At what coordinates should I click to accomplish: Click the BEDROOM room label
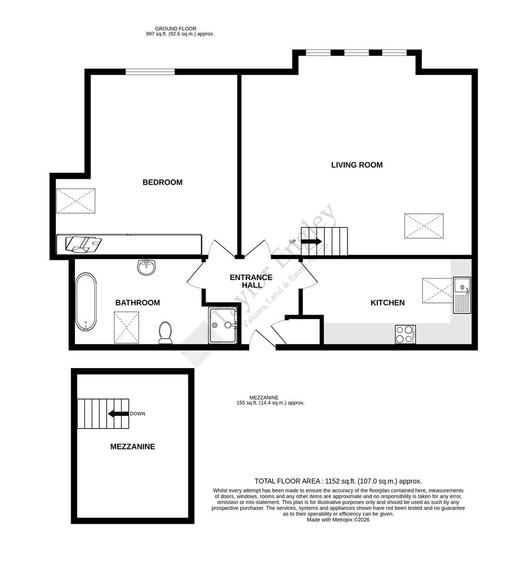click(x=162, y=183)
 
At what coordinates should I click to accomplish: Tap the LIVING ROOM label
click(x=357, y=165)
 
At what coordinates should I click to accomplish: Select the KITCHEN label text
click(x=387, y=303)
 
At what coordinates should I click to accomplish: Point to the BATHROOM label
click(x=137, y=303)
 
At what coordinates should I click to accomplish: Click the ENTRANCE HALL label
click(x=251, y=281)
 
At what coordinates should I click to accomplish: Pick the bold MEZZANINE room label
click(x=132, y=447)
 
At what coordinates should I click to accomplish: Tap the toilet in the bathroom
click(x=165, y=332)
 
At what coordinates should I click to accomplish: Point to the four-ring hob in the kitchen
click(x=405, y=334)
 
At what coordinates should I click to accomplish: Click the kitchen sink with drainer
click(x=461, y=295)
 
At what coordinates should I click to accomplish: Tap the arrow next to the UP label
click(x=311, y=241)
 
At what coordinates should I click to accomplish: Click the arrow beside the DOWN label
click(x=118, y=414)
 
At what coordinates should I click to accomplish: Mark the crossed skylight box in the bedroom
click(x=76, y=201)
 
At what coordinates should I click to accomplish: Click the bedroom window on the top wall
click(x=150, y=72)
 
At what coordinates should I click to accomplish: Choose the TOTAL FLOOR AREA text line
click(x=338, y=481)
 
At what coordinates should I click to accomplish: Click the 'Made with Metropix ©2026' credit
click(x=338, y=520)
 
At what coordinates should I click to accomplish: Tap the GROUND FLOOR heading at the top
click(x=176, y=29)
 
